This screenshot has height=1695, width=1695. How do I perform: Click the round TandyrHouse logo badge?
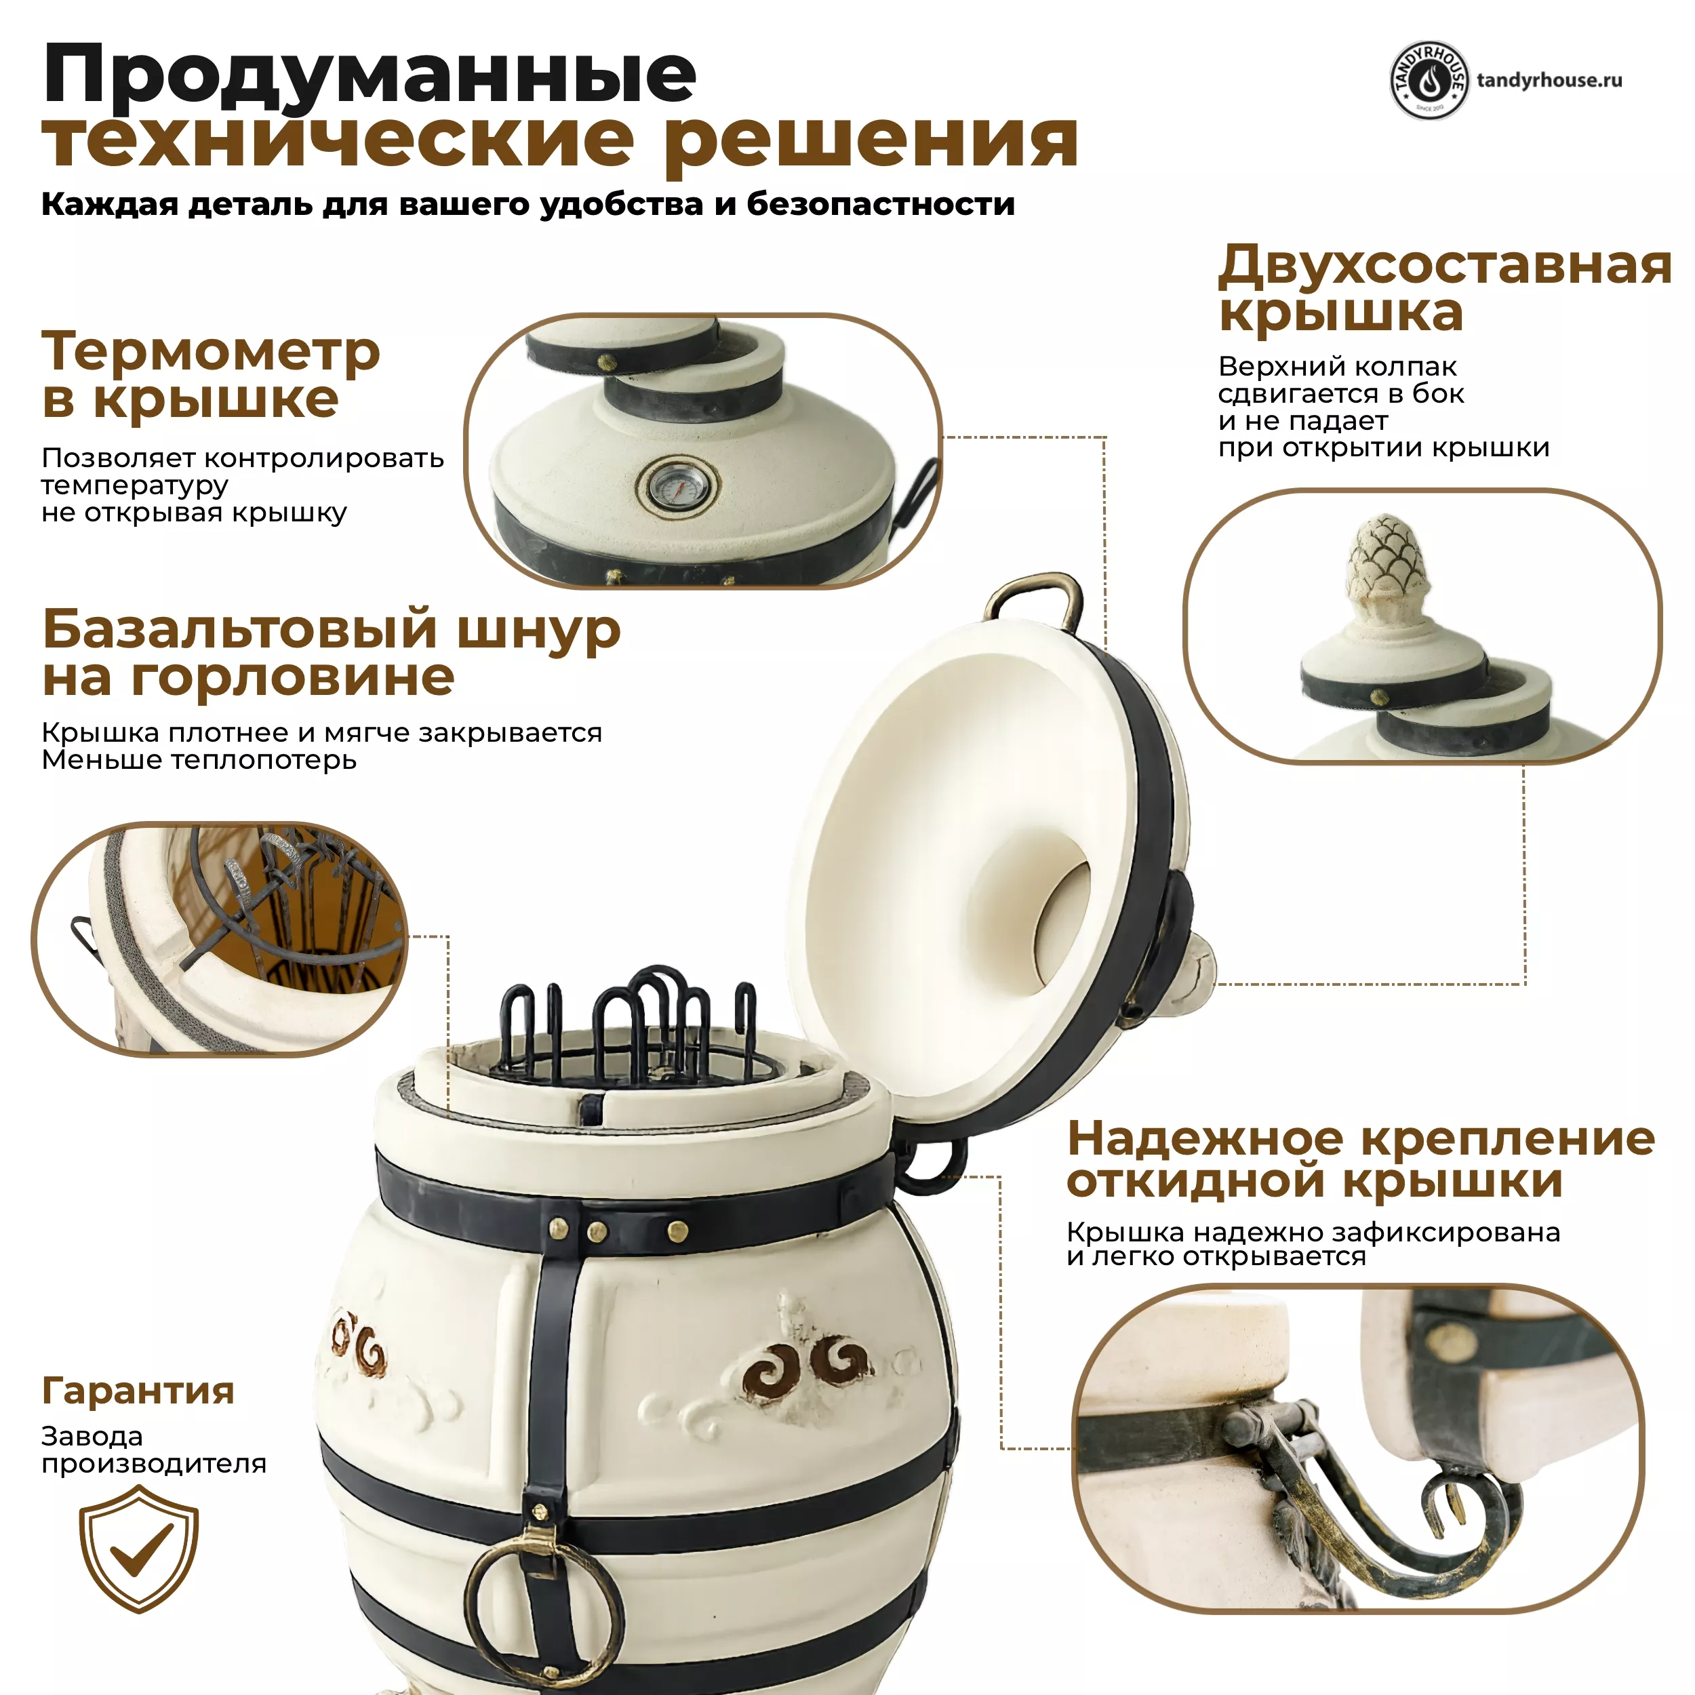click(1429, 81)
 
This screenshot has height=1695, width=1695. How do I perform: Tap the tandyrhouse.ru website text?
click(1549, 81)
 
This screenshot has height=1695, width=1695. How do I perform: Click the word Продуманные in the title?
click(370, 77)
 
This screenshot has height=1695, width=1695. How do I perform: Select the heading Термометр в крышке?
click(211, 375)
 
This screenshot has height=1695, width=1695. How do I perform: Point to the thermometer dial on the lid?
click(677, 486)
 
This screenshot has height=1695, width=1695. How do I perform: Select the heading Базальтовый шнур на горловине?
click(332, 653)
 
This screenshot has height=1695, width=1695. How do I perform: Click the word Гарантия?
click(138, 1391)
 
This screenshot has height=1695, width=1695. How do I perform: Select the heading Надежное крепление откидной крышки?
click(1361, 1160)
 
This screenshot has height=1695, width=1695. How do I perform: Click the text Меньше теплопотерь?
click(199, 760)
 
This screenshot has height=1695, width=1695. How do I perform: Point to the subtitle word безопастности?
click(880, 205)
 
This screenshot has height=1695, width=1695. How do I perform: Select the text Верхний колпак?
click(1338, 366)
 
